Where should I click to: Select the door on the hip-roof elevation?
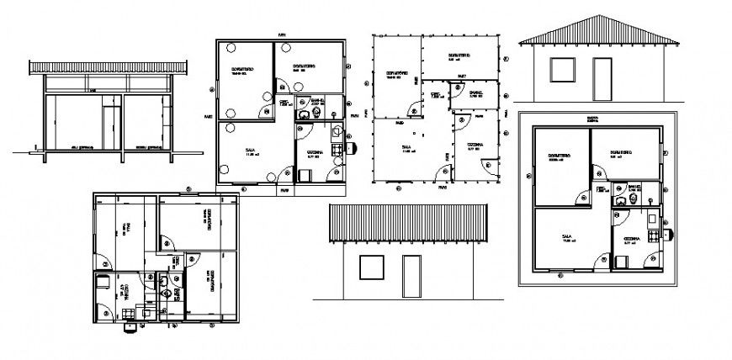(x=602, y=78)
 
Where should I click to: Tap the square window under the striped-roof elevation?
(x=371, y=267)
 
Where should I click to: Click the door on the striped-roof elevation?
(x=411, y=276)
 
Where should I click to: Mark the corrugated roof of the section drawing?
(x=107, y=66)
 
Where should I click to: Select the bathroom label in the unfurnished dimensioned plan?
(x=476, y=93)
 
